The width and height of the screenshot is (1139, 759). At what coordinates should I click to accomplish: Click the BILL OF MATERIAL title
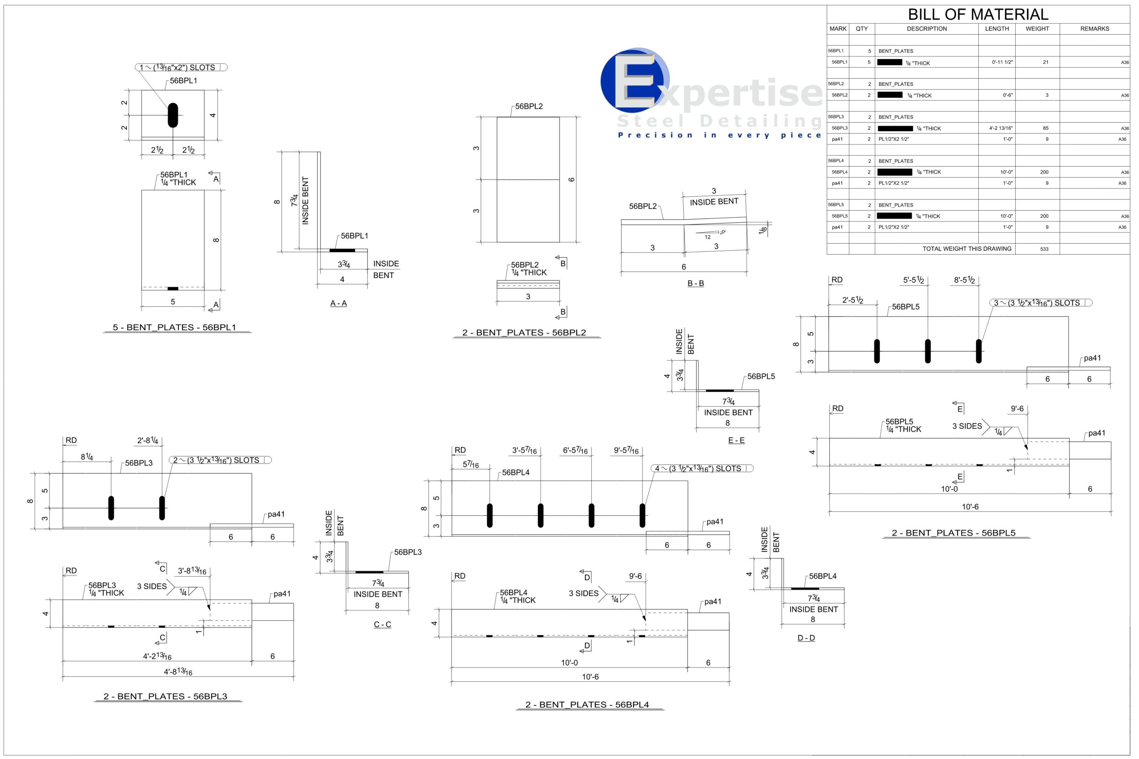[978, 14]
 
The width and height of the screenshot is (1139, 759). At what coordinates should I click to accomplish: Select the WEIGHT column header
[1037, 28]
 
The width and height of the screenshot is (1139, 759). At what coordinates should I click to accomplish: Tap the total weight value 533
[1044, 249]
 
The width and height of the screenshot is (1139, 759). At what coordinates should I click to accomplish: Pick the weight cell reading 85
[1046, 128]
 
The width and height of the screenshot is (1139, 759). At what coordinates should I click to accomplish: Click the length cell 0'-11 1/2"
[1002, 62]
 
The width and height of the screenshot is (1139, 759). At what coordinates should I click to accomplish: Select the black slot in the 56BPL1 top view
[173, 115]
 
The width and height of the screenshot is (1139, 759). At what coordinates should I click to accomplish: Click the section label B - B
[695, 283]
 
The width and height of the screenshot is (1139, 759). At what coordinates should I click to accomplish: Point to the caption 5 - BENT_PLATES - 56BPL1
[174, 327]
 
